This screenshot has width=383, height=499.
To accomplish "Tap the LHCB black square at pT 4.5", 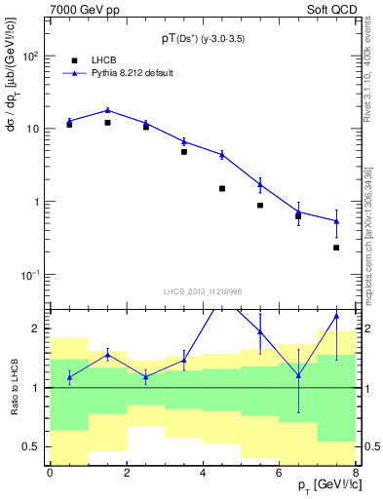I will click(222, 188).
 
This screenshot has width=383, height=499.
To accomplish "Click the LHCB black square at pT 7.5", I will click(336, 248).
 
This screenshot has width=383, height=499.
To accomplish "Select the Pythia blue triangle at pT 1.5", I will click(107, 110).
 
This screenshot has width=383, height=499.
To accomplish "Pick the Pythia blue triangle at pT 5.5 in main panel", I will click(260, 184).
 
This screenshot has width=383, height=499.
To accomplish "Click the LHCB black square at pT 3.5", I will click(184, 152).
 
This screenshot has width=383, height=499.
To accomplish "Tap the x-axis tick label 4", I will click(202, 473).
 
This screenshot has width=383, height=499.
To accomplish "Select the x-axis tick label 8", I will click(355, 473).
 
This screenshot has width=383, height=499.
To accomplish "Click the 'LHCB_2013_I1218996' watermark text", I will click(203, 291).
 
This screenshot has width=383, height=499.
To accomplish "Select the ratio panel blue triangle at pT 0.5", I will click(69, 376).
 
